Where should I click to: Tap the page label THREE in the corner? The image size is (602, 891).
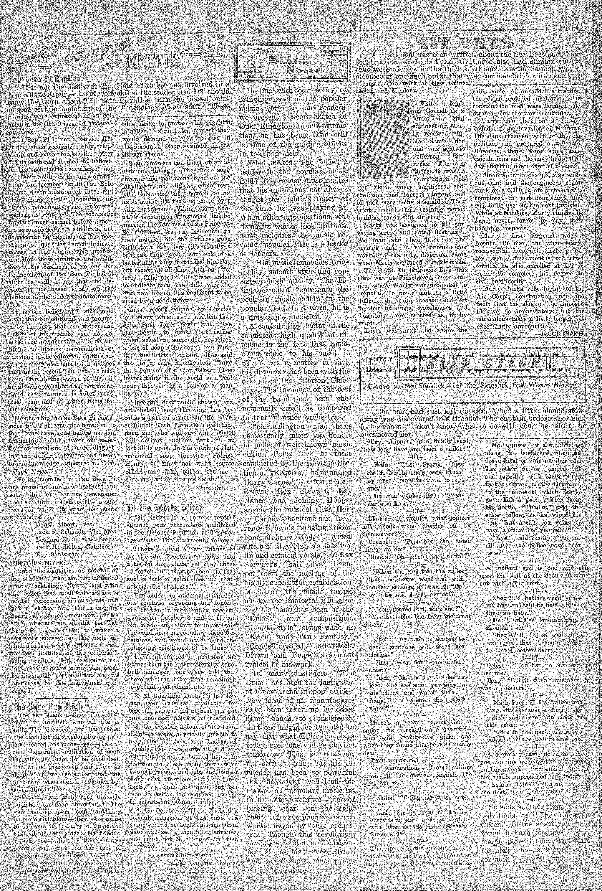click(566, 28)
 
